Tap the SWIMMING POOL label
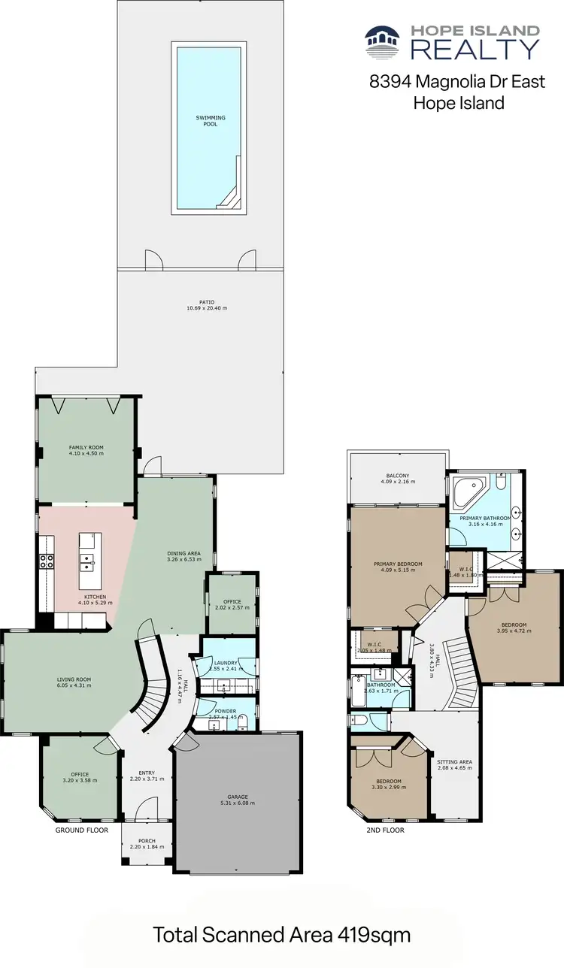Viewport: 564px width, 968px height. coord(211,121)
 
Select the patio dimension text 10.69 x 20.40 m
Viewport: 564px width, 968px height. coord(207,308)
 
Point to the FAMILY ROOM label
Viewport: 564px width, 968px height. coord(86,447)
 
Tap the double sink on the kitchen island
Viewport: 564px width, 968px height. coord(89,559)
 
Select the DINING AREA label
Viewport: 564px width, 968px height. coord(183,554)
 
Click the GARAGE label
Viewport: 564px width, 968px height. coord(238,797)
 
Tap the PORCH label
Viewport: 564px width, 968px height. coord(147,842)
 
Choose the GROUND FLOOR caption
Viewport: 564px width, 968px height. coord(82,830)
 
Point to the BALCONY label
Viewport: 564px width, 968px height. coord(399,476)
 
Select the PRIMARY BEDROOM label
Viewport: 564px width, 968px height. coord(398,564)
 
